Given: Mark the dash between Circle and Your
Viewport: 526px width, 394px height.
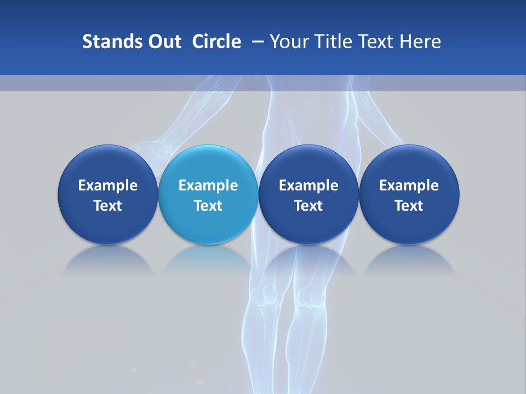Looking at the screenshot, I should pyautogui.click(x=256, y=42).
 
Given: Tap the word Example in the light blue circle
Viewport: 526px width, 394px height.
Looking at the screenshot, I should pyautogui.click(x=208, y=186).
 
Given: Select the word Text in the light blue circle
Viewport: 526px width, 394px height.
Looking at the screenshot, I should pyautogui.click(x=208, y=206).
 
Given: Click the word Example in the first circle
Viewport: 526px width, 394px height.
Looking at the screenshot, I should pyautogui.click(x=108, y=186).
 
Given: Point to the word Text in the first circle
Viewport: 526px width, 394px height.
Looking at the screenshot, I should pyautogui.click(x=108, y=206).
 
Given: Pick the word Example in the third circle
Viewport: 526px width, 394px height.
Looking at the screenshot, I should pyautogui.click(x=308, y=186).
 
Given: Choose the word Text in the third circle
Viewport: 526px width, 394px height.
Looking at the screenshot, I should pyautogui.click(x=308, y=206).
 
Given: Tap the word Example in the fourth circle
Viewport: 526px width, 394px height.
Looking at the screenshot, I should pyautogui.click(x=409, y=186).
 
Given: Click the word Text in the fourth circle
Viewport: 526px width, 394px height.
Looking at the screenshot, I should pyautogui.click(x=409, y=206).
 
